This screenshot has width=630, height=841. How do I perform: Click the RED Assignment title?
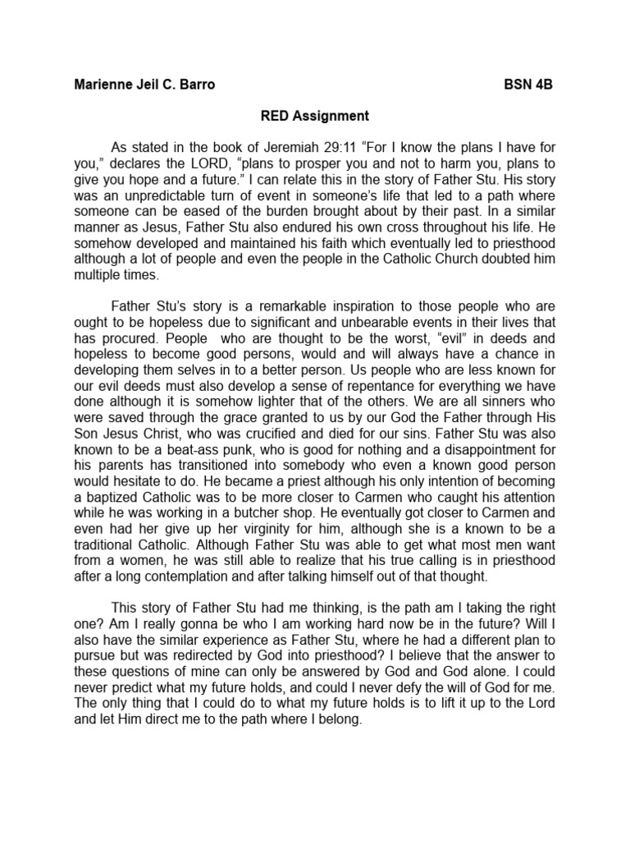pos(314,116)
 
